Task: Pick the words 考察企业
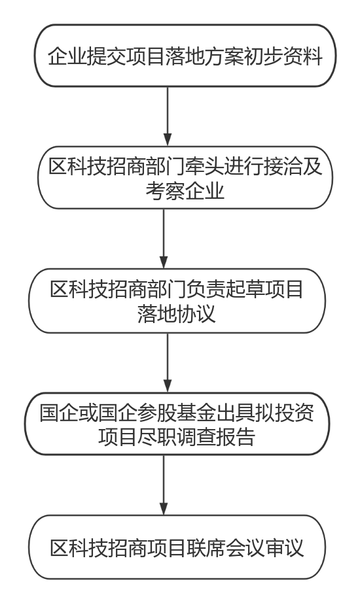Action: tap(185, 190)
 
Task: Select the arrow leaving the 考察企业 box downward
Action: tap(164, 239)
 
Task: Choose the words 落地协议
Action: tap(176, 313)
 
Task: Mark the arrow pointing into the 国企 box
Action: tap(167, 362)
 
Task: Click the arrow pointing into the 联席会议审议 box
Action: tap(164, 485)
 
